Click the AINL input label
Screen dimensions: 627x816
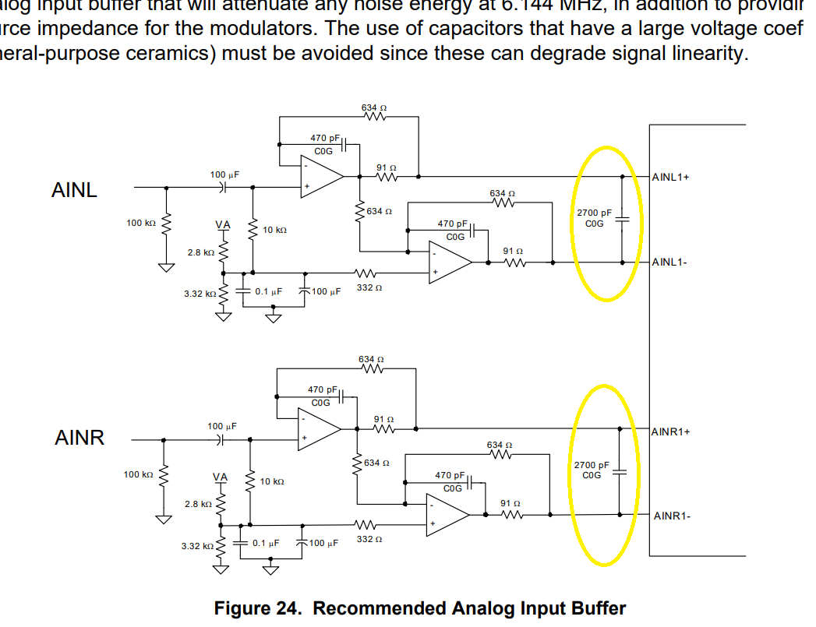pos(74,190)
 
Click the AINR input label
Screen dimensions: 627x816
pos(79,438)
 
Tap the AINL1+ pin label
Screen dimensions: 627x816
pos(670,177)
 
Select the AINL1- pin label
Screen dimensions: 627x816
pos(669,262)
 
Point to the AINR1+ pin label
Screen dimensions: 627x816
pos(671,431)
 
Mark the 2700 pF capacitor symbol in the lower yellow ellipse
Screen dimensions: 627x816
pos(619,471)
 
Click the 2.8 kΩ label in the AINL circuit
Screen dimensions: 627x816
pos(200,252)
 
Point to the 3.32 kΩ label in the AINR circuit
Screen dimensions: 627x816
pos(197,546)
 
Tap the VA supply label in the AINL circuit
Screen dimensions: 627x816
pos(223,224)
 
